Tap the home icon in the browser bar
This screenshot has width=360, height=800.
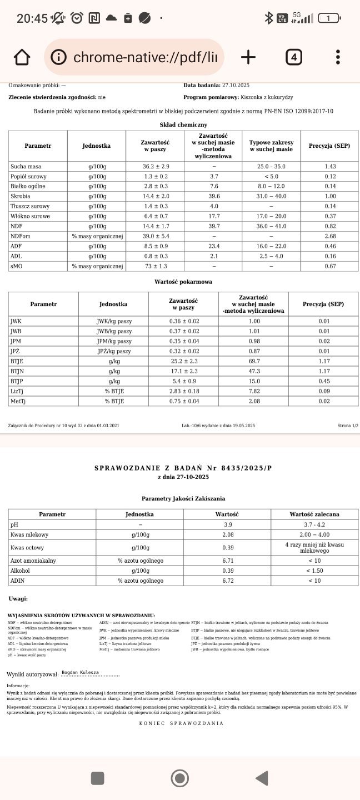22,57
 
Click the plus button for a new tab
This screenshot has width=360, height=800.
248,57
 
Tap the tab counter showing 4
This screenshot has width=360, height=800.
294,57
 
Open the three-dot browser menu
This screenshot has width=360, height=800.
338,57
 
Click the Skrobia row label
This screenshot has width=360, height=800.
21,196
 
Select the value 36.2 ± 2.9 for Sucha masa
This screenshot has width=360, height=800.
156,167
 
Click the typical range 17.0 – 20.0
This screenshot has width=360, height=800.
271,216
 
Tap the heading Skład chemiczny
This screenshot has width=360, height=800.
183,125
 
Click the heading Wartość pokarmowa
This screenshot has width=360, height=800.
183,282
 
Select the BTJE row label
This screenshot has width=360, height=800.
17,361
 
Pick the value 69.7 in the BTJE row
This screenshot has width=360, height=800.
254,361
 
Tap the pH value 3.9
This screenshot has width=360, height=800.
228,524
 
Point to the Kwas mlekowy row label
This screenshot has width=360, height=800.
29,534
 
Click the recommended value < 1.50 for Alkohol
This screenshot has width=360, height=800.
314,571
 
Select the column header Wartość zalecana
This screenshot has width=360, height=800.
314,514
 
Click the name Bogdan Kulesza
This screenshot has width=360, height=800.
80,672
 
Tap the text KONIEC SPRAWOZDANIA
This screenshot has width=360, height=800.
181,723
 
